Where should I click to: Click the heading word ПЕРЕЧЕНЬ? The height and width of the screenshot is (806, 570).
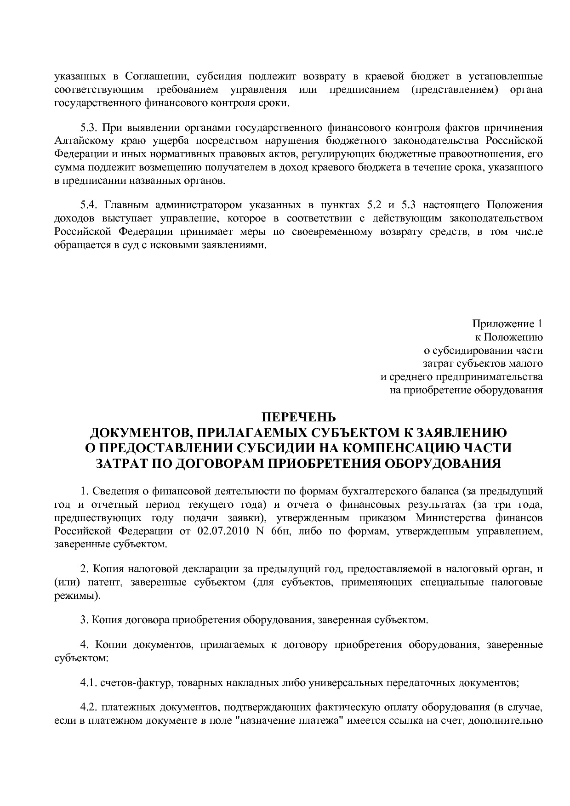point(298,417)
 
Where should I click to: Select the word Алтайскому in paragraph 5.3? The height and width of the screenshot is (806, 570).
point(80,141)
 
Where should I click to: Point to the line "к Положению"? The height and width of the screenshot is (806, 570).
point(508,337)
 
